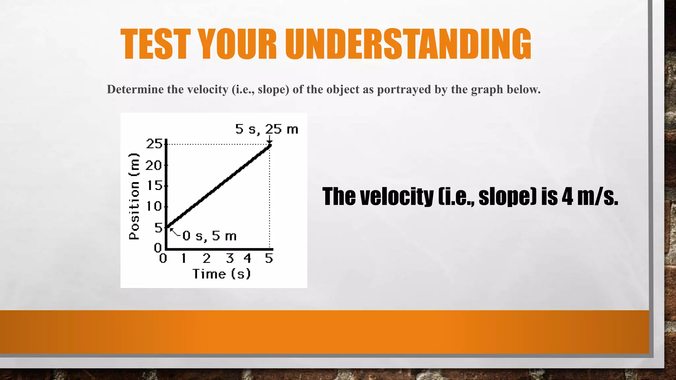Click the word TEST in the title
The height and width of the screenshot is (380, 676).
(155, 44)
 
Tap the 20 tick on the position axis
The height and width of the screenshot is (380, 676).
(154, 165)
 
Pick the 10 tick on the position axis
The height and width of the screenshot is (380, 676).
(154, 206)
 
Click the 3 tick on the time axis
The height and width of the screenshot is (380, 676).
(230, 258)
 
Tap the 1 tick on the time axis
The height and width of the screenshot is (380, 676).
(184, 258)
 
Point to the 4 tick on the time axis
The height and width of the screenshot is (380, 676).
(248, 258)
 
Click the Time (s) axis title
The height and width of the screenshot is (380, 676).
(221, 274)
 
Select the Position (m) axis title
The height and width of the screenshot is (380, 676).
(134, 197)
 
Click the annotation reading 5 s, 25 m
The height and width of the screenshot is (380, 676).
(266, 129)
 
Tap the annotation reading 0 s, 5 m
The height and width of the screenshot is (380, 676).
(209, 236)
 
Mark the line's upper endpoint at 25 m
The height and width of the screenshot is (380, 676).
(270, 145)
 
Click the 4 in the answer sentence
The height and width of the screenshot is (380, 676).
(567, 197)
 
